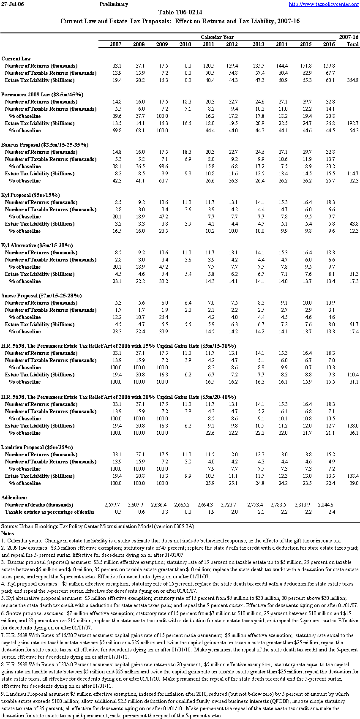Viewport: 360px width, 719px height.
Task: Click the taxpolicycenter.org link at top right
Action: click(324, 4)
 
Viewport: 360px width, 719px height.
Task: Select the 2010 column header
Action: click(185, 44)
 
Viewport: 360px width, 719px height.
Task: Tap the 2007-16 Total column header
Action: click(349, 41)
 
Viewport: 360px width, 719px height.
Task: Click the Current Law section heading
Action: click(16, 59)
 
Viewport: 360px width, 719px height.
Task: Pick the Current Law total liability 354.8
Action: click(352, 80)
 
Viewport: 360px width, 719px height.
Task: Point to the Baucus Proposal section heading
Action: click(44, 145)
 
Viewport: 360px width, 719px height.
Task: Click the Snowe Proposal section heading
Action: click(41, 296)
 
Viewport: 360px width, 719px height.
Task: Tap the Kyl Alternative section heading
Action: click(37, 245)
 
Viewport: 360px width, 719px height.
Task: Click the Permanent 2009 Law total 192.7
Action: click(352, 123)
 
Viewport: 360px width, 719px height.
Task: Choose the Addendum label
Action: click(14, 498)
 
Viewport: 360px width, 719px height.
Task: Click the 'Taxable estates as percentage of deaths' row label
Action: click(49, 512)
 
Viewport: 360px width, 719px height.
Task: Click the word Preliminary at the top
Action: click(114, 4)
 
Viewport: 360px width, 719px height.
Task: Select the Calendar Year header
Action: click(217, 37)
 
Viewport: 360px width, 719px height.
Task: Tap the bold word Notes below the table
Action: click(8, 534)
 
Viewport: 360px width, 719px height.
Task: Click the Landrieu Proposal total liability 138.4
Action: click(352, 476)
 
